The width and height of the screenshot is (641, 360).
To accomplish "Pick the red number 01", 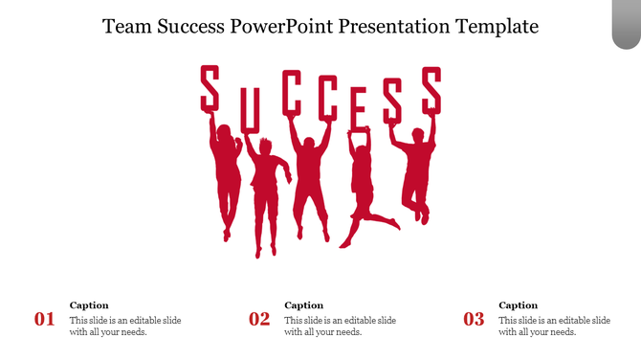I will click(x=45, y=320).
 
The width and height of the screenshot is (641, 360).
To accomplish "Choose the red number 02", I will click(x=259, y=320).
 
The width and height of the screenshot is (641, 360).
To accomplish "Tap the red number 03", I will click(x=474, y=320).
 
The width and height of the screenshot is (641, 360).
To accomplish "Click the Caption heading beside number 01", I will click(x=89, y=305).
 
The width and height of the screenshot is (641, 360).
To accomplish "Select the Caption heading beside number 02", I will click(x=304, y=305).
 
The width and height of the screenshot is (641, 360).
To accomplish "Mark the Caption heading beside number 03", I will click(x=519, y=305).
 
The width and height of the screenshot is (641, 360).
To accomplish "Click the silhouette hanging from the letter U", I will click(x=265, y=191).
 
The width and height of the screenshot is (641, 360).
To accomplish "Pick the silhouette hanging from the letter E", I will click(x=365, y=187).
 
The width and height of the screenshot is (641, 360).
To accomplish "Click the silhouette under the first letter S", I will click(x=226, y=177).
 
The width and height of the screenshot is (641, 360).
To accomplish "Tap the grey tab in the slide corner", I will click(x=626, y=24).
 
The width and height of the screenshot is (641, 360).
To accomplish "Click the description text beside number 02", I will click(x=340, y=326).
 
